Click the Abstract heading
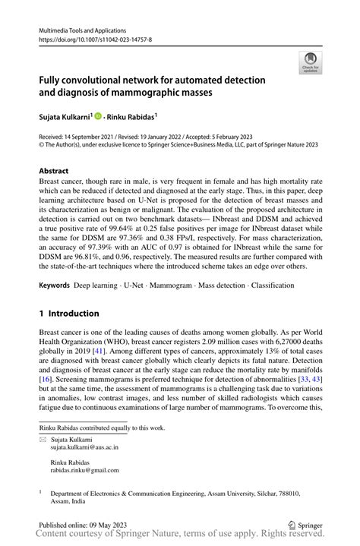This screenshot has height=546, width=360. [x=53, y=171]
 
